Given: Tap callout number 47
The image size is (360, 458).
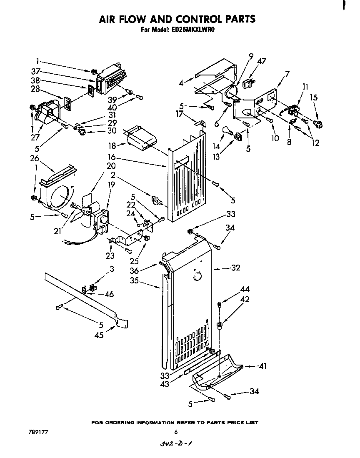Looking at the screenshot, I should [261, 61].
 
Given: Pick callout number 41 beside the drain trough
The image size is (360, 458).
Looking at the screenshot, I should [262, 366].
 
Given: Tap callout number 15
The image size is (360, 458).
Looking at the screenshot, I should [314, 98].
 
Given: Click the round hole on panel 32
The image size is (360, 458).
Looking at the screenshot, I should [197, 276].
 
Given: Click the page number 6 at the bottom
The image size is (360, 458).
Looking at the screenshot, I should [176, 432].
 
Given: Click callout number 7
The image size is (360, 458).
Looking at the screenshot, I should [287, 74].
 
